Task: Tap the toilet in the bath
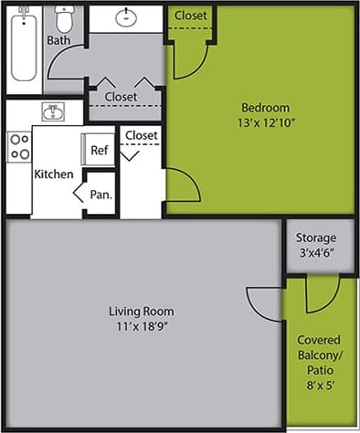click(63, 19)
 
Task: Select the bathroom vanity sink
click(125, 16)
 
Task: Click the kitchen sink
click(52, 112)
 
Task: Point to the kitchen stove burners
click(19, 146)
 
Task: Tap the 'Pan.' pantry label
click(102, 195)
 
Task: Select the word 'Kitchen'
click(54, 174)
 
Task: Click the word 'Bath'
click(58, 40)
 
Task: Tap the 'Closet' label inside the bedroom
click(190, 16)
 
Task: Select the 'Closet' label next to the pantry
click(141, 135)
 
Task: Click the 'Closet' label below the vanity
click(121, 96)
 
